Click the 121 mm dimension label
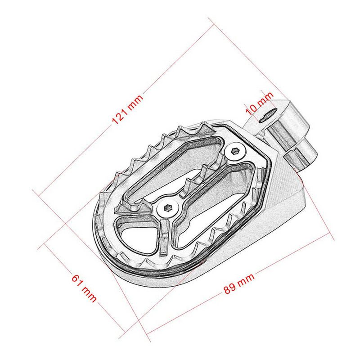click(x=127, y=110)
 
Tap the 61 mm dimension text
click(x=84, y=288)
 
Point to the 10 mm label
click(x=259, y=102)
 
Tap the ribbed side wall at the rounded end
click(x=101, y=234)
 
